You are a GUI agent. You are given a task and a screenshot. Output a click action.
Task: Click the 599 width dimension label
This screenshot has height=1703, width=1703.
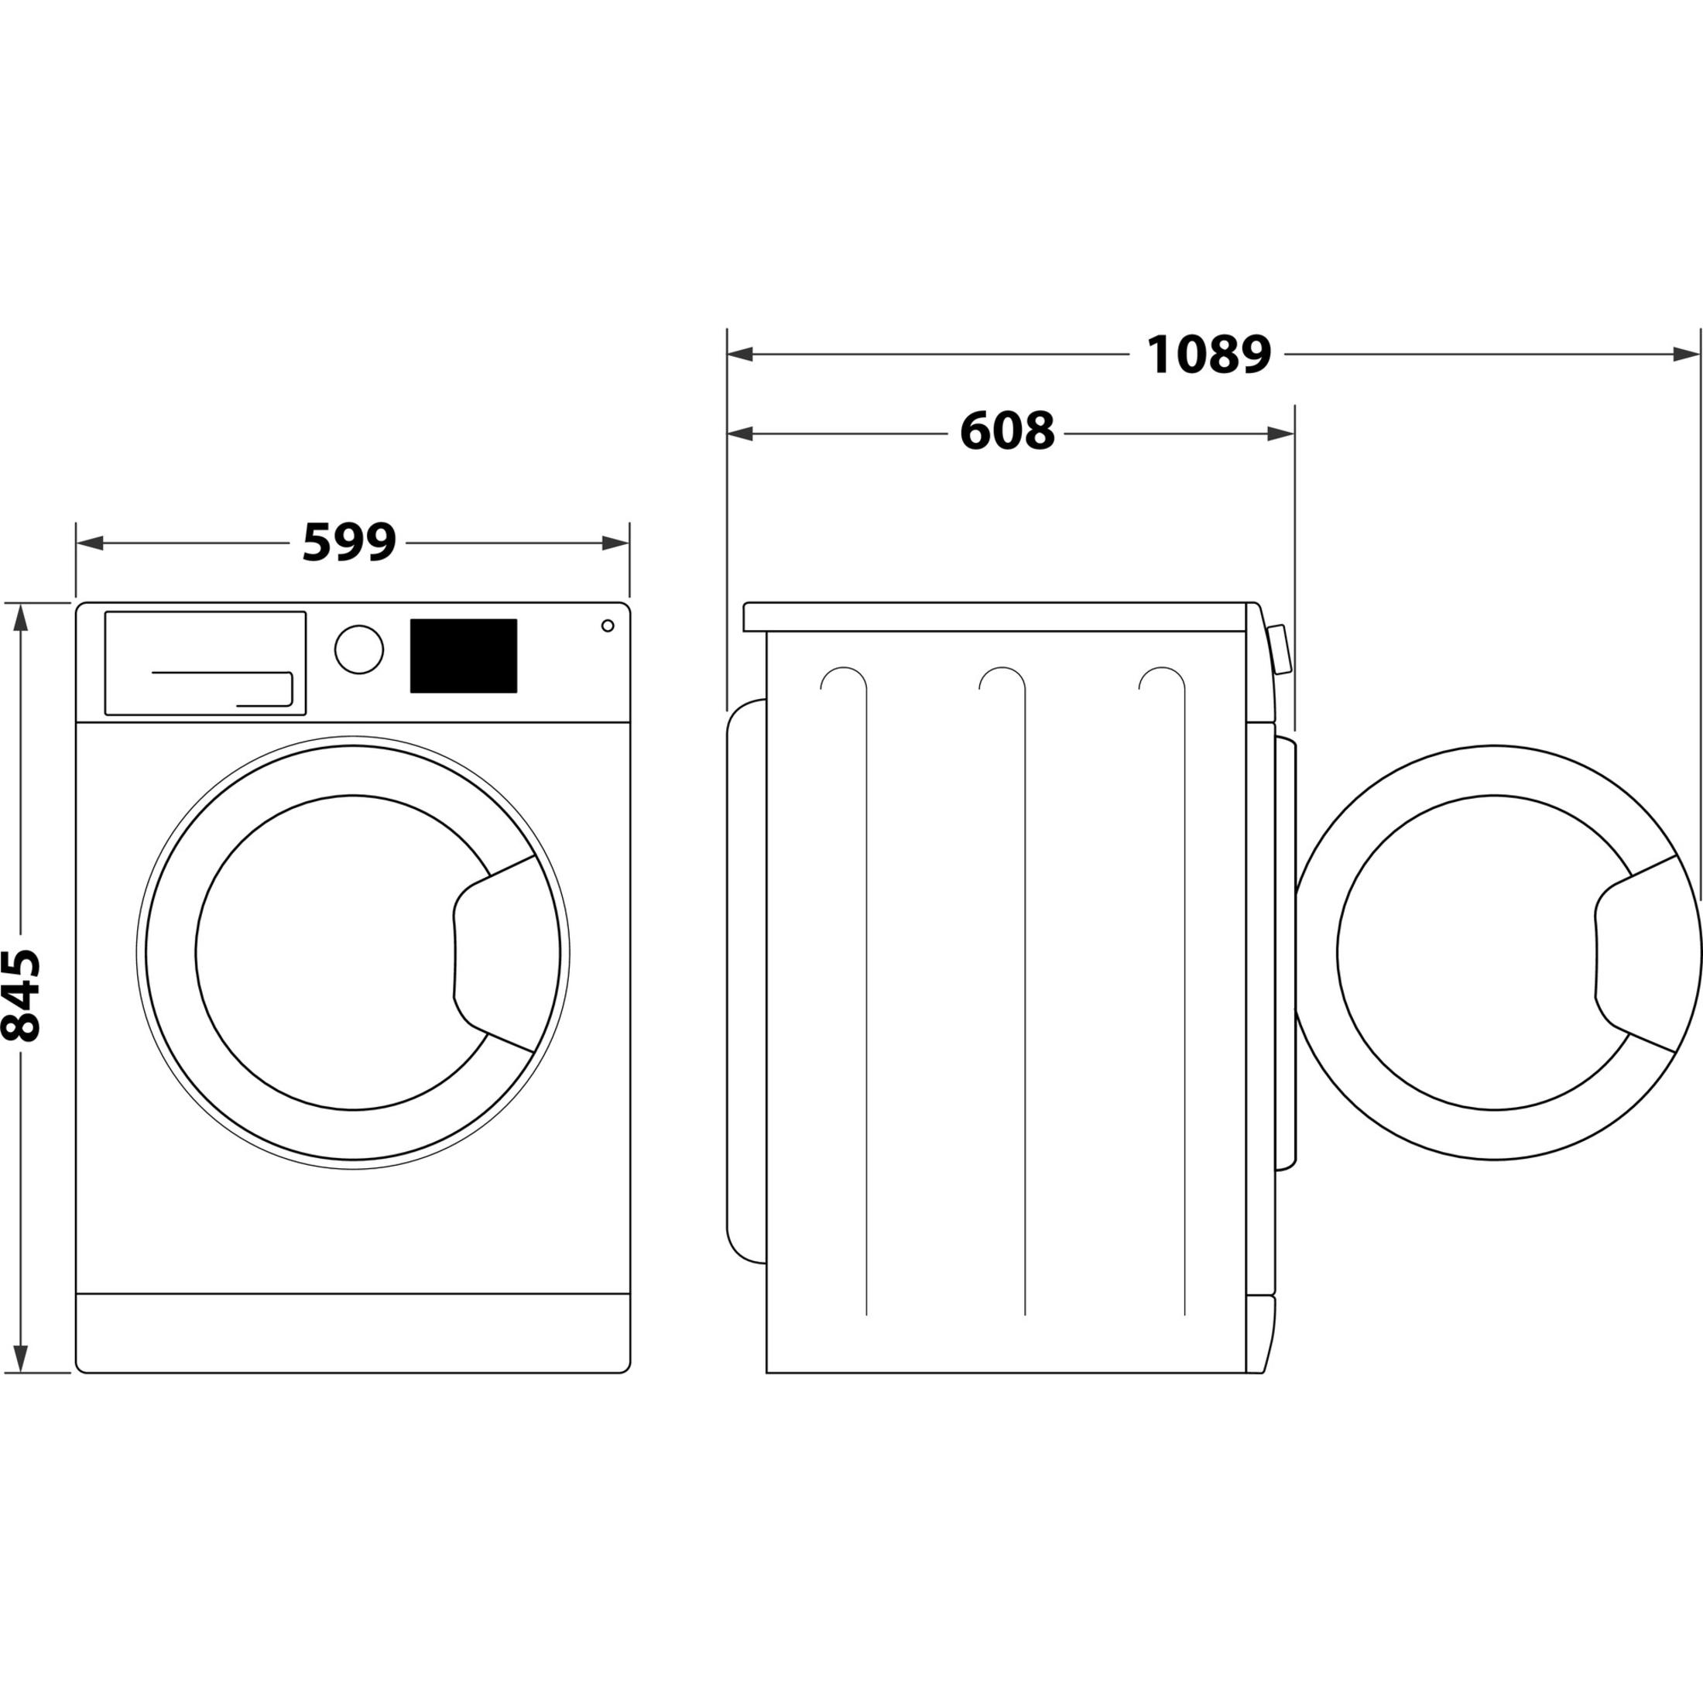coord(349,543)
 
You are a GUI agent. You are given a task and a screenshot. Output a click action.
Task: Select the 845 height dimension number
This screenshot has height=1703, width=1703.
coord(21,995)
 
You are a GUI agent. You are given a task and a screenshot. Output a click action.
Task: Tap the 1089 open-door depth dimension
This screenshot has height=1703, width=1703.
coord(1208,355)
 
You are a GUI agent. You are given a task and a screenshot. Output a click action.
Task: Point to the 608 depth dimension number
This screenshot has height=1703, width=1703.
coord(1006,432)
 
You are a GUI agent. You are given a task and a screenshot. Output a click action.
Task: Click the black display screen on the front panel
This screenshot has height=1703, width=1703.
coord(463,656)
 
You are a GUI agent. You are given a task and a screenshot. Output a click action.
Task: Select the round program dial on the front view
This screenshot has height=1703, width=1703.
coord(358,649)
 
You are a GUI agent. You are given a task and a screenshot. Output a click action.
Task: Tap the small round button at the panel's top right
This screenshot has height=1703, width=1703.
coord(608,625)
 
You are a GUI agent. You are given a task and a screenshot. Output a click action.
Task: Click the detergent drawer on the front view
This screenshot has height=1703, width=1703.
coord(205,663)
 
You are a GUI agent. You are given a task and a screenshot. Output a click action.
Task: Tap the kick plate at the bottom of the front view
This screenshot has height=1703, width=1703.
coord(352,1333)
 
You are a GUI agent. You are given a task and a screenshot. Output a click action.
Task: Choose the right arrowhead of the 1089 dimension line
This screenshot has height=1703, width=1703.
coord(1685,355)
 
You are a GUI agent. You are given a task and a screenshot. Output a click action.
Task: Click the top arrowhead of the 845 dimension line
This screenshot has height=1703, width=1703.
coord(21,617)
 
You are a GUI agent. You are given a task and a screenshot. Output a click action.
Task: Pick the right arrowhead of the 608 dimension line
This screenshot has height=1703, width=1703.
coord(1281,433)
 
